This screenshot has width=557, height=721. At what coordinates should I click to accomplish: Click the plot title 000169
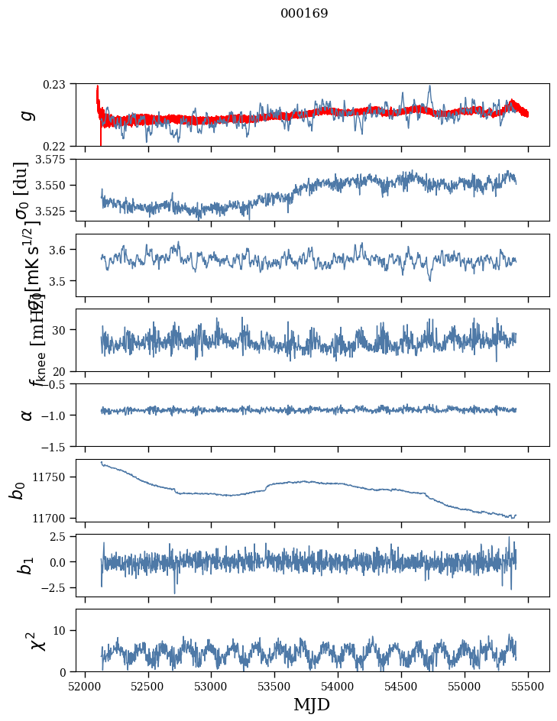click(x=304, y=13)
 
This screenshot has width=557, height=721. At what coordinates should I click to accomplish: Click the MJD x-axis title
click(x=312, y=705)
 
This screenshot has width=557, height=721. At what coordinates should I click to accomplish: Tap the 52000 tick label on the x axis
click(x=85, y=686)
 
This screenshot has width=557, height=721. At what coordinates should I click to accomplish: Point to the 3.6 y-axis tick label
click(x=60, y=250)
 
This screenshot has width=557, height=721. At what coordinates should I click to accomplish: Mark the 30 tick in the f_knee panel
click(x=62, y=330)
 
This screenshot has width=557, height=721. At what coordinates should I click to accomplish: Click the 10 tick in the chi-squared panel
click(x=62, y=630)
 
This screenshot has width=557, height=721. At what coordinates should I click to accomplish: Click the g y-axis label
click(x=28, y=115)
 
